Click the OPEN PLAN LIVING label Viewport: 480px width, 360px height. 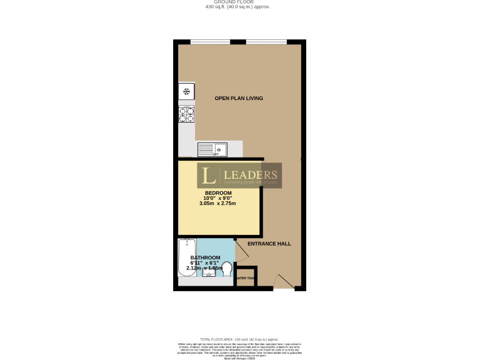[x=239, y=98]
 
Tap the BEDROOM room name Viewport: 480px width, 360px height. [x=218, y=192]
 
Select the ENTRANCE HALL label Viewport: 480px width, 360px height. [x=269, y=243]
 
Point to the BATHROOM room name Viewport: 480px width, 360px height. [x=205, y=257]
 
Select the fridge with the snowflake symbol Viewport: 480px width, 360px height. [x=186, y=92]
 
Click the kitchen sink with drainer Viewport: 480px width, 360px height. [x=212, y=149]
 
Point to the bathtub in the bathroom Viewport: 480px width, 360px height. [x=186, y=257]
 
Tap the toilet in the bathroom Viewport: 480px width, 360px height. [x=227, y=269]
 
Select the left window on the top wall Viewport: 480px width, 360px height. [x=209, y=42]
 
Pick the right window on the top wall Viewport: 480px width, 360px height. [x=266, y=42]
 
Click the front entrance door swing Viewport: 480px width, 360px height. [x=283, y=281]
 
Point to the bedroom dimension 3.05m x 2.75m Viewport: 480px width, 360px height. [x=217, y=204]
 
